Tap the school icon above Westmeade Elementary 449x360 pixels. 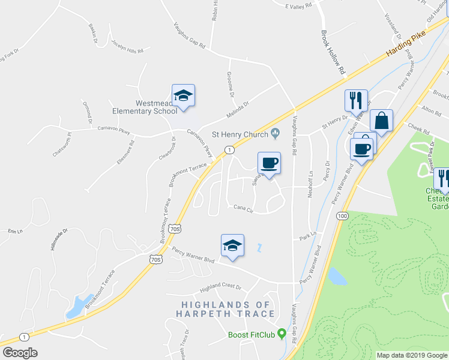184,95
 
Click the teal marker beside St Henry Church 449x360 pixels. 276,133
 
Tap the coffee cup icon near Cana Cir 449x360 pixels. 269,163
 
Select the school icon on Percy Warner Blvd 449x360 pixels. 232,245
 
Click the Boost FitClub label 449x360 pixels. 251,335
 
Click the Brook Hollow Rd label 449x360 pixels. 334,53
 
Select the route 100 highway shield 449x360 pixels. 342,215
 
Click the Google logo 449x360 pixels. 20,353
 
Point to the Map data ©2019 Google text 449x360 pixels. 411,355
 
